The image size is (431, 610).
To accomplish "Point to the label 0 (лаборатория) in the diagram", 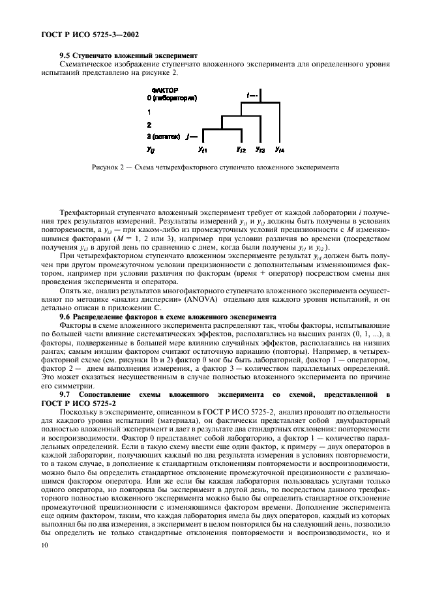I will (x=172, y=98).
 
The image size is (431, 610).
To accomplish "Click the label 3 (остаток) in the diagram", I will (x=163, y=137).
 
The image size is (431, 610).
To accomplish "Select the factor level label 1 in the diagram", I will (x=149, y=112).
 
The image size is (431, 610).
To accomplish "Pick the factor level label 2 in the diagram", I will (x=149, y=124).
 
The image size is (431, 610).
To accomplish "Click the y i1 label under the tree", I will (x=202, y=151).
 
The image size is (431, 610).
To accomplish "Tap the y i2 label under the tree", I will (x=241, y=151).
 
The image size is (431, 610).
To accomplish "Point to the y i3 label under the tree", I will (x=260, y=151).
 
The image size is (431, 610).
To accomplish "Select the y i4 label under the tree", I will (x=279, y=151).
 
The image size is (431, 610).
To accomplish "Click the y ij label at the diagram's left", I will (x=151, y=151).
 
